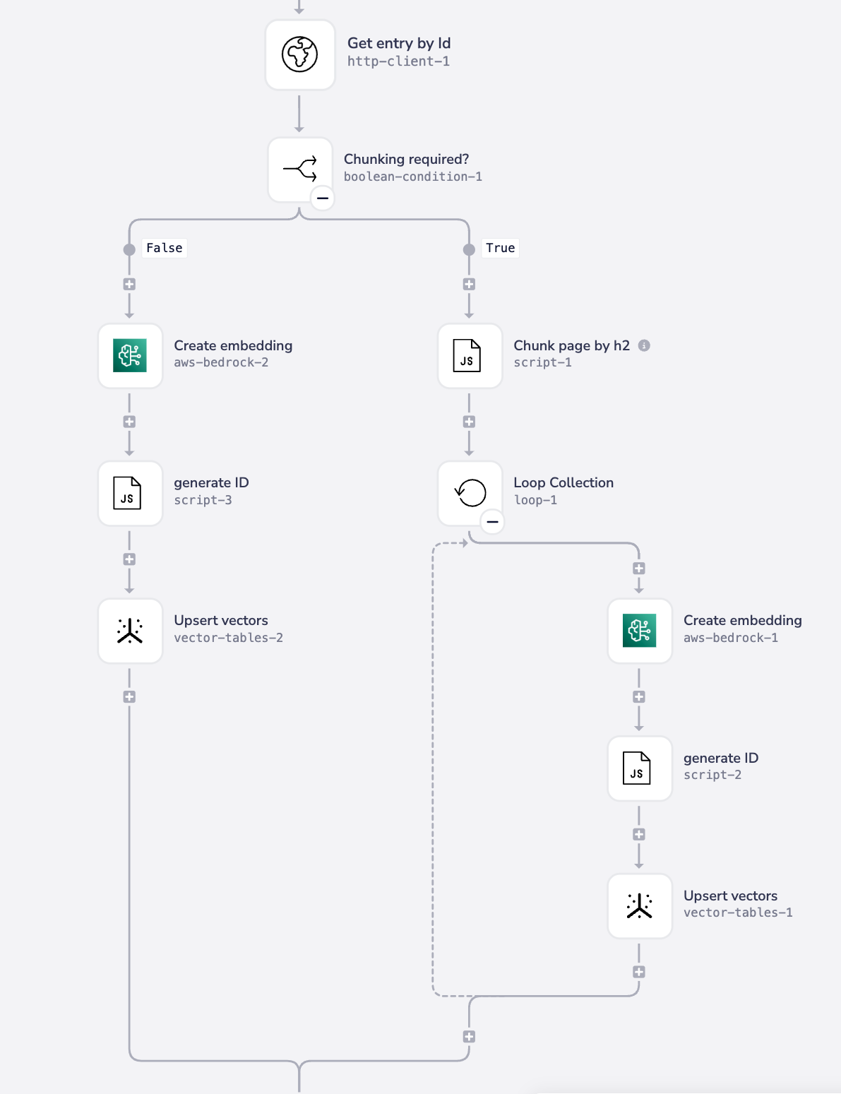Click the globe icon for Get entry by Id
coord(300,54)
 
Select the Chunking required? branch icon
coord(300,170)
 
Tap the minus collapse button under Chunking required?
coord(323,198)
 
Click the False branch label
coord(165,248)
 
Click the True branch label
coord(500,248)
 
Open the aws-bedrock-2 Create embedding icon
coord(130,355)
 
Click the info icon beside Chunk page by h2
coord(644,345)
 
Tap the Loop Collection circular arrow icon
coord(470,493)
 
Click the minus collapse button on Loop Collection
coord(492,522)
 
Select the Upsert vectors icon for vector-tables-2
coord(130,631)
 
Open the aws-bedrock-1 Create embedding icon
coord(639,631)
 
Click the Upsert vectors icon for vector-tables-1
coord(639,905)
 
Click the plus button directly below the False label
coord(129,284)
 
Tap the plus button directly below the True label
coord(469,284)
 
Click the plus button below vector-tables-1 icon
coord(639,972)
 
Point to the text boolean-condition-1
coord(413,177)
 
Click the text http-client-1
coord(398,61)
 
